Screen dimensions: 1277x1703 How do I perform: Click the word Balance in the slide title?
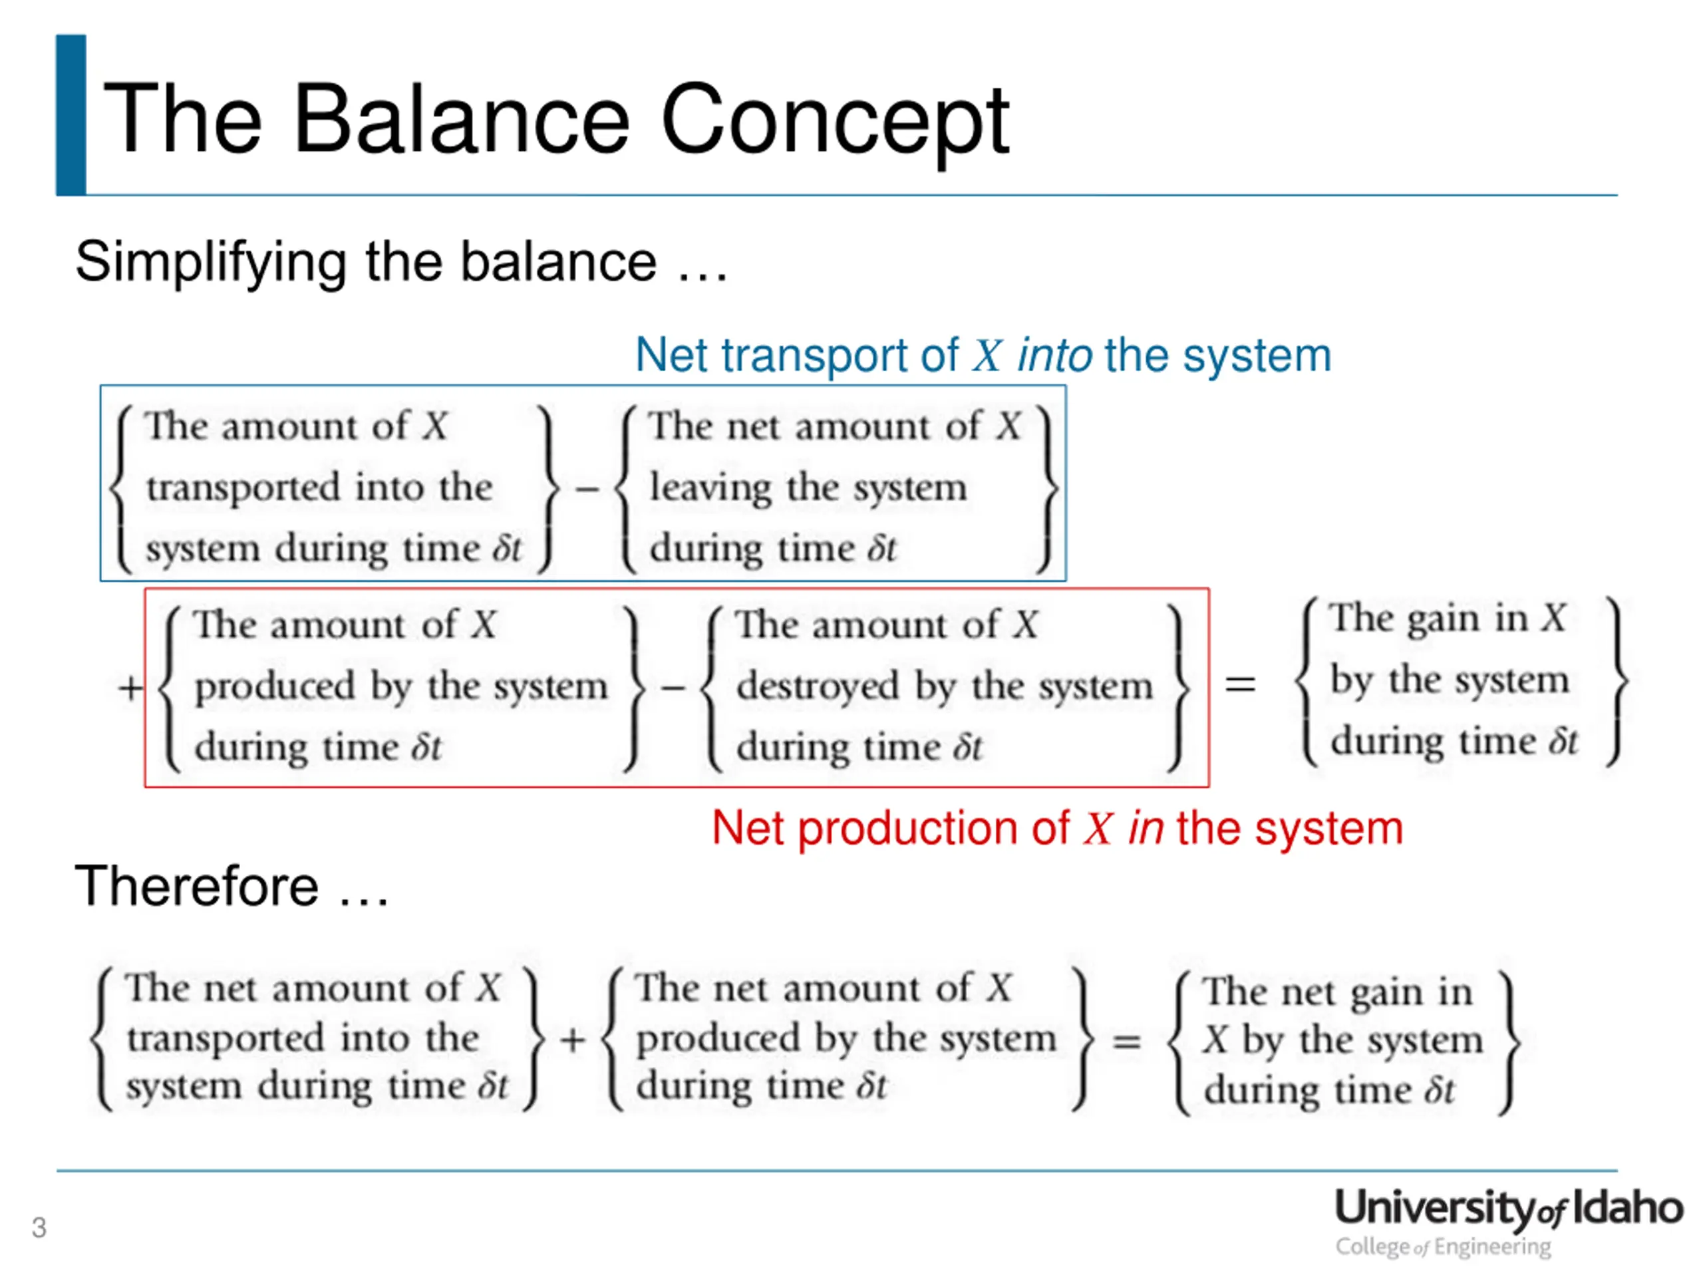tap(462, 119)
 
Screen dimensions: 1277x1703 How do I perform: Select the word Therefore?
tap(196, 886)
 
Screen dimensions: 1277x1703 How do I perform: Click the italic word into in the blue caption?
tap(1054, 356)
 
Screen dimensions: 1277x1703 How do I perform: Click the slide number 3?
tap(39, 1228)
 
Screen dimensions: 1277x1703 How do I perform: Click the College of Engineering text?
tap(1443, 1247)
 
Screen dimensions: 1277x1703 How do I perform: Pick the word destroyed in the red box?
tap(818, 686)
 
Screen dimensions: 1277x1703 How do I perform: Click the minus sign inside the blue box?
tap(587, 488)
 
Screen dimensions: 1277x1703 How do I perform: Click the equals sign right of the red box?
tap(1240, 684)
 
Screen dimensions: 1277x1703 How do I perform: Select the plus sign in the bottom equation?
tap(573, 1041)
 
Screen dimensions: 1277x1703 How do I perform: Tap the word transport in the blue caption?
tap(816, 356)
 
